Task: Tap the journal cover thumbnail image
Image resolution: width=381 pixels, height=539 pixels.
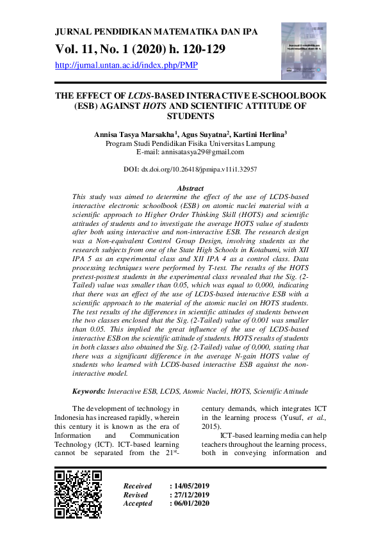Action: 304,51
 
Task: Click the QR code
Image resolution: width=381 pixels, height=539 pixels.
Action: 78,494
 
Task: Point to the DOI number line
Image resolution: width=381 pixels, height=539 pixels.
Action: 190,170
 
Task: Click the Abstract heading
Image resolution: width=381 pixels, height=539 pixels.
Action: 190,188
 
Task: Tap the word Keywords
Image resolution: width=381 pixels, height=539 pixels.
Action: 88,390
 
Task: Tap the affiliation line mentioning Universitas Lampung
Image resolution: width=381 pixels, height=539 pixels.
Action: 190,144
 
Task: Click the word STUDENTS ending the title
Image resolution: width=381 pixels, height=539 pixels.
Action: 190,117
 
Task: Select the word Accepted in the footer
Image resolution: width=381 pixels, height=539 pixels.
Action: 138,503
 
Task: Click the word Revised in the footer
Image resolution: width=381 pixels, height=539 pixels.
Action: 135,495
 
